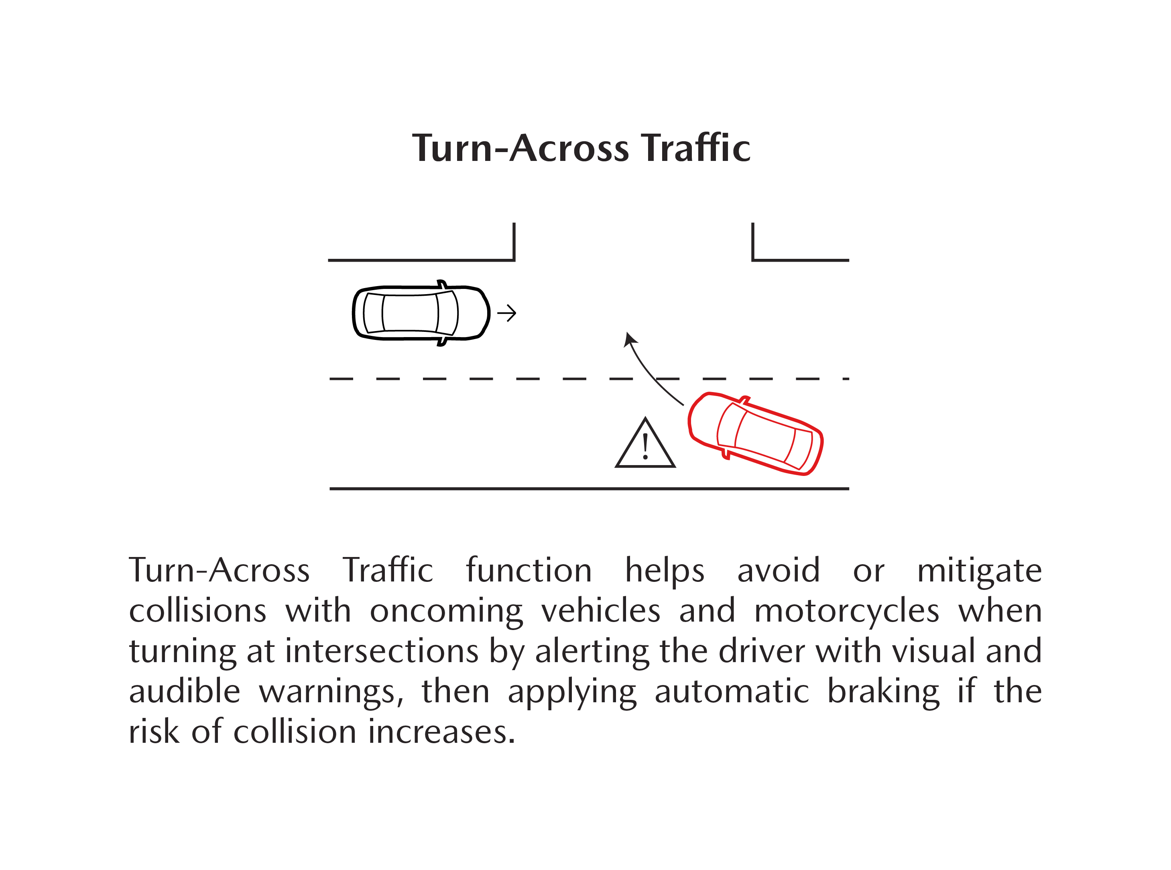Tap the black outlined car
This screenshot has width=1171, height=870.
coord(421,313)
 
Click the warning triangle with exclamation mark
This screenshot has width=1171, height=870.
coord(645,443)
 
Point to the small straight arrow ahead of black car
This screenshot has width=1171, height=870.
coord(506,313)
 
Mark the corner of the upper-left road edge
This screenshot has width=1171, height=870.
coord(514,260)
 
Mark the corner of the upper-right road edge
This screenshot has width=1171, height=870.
coord(753,260)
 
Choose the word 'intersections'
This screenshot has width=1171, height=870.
coord(382,651)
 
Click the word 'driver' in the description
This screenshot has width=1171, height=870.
coord(762,651)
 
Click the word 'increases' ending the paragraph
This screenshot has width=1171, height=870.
coord(441,732)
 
